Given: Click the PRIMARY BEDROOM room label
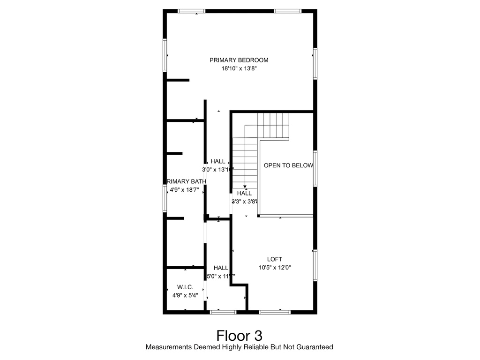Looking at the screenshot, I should (239, 60).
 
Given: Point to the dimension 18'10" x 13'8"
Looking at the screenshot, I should (239, 68).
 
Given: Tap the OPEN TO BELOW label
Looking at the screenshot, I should (288, 165).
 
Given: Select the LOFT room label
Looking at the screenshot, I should (275, 259).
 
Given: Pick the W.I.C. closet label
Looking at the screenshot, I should (185, 287).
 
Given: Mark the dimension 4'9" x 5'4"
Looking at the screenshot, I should (185, 295).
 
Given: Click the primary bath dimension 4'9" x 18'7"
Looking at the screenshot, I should (185, 190).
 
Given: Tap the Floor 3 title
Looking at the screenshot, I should (239, 336).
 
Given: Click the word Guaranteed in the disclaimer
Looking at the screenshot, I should (315, 347).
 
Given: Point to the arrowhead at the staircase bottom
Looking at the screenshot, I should (245, 187).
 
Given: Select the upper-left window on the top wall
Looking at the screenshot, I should (191, 11).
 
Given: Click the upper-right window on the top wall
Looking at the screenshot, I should (287, 11).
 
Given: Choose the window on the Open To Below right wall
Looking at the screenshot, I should (315, 168).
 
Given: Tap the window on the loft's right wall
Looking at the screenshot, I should (315, 265).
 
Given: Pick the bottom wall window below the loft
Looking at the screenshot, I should (275, 312).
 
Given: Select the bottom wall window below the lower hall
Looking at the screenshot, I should (223, 312).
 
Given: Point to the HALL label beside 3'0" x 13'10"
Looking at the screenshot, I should (217, 161).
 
